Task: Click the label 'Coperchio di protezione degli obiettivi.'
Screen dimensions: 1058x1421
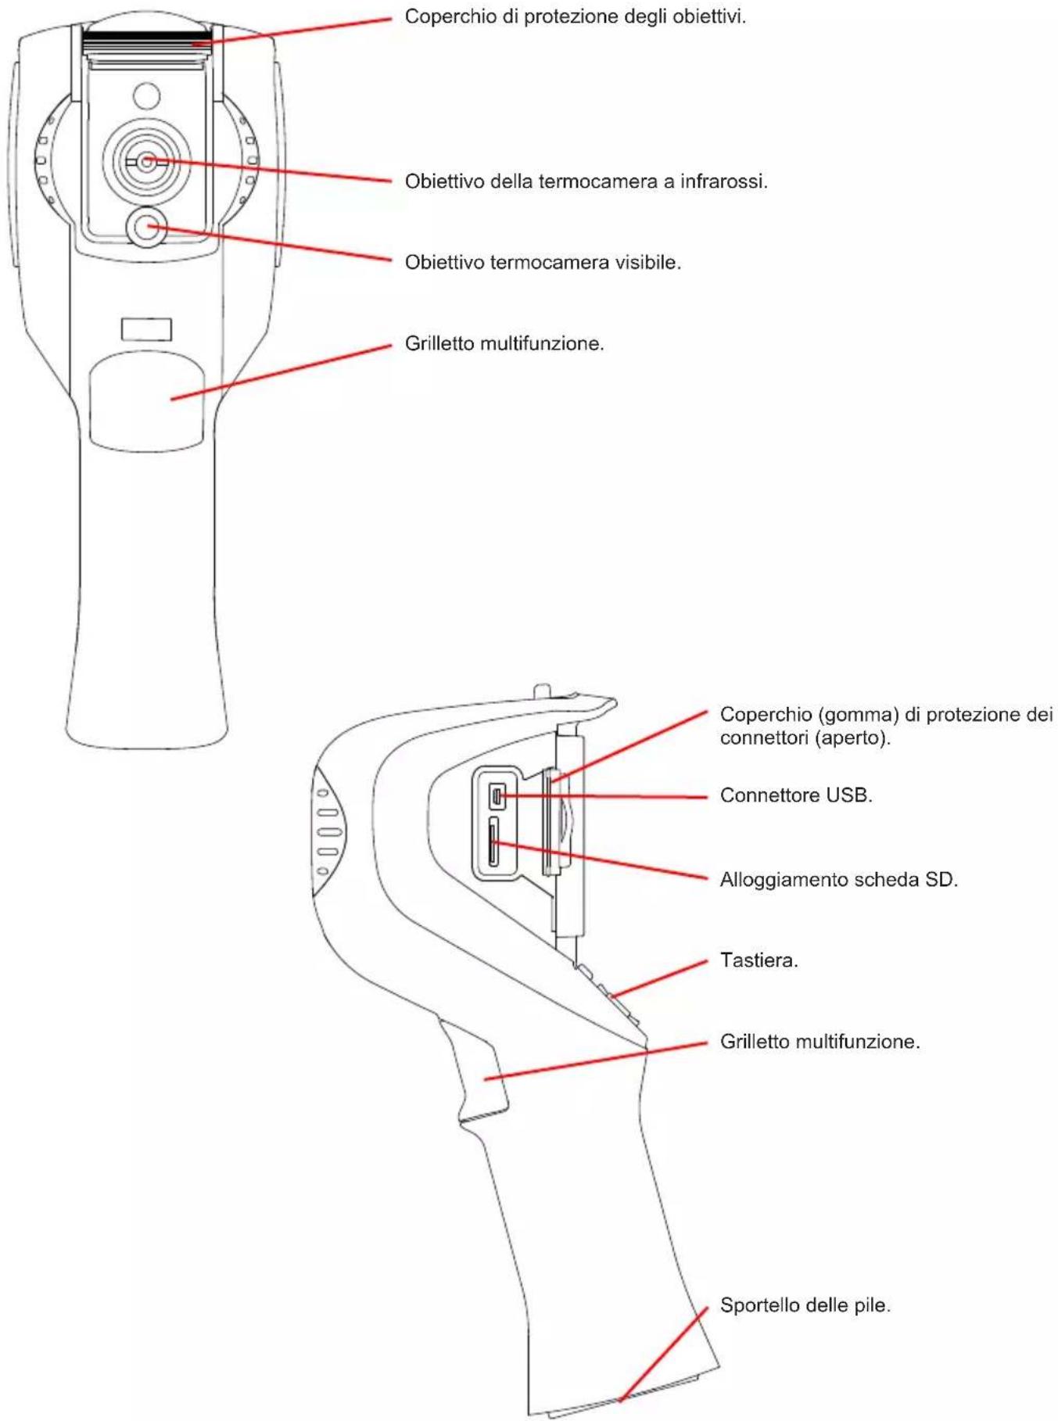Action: (x=575, y=16)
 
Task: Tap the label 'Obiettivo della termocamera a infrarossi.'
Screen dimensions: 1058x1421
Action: (x=586, y=181)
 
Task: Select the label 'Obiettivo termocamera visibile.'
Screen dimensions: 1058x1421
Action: (x=543, y=263)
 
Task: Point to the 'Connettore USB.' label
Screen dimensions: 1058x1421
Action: (x=796, y=795)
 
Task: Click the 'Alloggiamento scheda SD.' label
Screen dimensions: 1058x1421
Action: (x=838, y=880)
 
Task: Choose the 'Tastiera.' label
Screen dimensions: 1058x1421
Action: (x=759, y=960)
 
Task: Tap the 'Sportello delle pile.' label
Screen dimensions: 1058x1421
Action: (x=805, y=1305)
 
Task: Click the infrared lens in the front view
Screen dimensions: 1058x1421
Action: (x=146, y=162)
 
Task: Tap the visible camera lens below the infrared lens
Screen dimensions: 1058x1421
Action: (x=146, y=227)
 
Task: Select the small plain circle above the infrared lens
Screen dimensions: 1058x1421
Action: (x=146, y=96)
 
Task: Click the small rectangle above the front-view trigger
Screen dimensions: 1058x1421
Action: (x=146, y=329)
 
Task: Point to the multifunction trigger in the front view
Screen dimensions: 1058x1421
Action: (x=146, y=401)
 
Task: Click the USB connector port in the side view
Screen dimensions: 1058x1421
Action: (x=497, y=797)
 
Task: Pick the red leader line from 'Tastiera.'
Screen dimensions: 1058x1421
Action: (x=659, y=978)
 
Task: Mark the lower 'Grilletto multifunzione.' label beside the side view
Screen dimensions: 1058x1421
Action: (x=820, y=1042)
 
